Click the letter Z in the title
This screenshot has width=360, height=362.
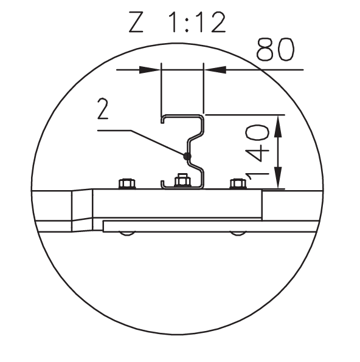(x=136, y=22)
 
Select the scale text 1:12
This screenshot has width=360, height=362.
(x=197, y=22)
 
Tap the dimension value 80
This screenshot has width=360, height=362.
(x=275, y=49)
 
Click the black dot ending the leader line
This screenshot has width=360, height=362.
(x=187, y=157)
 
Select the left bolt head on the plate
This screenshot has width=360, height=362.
(x=127, y=184)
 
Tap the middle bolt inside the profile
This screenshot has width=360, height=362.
(x=182, y=180)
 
